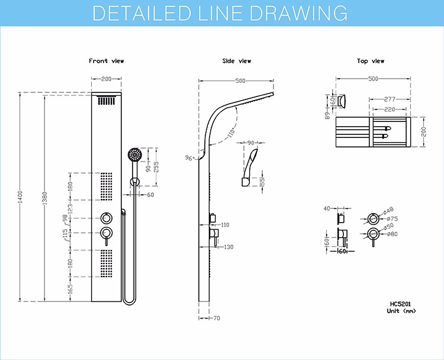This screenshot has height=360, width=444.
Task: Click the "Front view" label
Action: [x=106, y=61]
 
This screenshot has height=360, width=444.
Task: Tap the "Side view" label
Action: [x=236, y=61]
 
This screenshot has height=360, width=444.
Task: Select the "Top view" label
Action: [x=371, y=61]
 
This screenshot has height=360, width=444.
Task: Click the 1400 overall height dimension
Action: [x=20, y=197]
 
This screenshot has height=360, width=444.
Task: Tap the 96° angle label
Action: [x=189, y=157]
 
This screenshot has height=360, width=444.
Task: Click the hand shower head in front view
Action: [x=134, y=155]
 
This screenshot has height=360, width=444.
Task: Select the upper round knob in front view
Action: [x=107, y=218]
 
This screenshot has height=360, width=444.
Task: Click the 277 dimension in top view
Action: [x=390, y=99]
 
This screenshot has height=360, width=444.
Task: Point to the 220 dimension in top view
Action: [x=390, y=109]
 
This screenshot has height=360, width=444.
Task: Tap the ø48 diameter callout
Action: [x=388, y=210]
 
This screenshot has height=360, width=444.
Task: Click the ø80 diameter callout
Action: [x=392, y=234]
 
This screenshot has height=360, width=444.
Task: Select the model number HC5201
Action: [x=400, y=304]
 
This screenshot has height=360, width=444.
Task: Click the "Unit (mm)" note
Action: [x=401, y=311]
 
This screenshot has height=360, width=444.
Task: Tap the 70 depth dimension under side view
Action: [x=216, y=318]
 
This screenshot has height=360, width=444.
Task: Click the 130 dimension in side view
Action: [x=229, y=247]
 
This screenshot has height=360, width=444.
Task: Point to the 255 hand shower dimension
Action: [x=156, y=167]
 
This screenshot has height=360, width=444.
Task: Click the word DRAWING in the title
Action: [x=299, y=13]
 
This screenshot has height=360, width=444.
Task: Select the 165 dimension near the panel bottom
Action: [x=70, y=289]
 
